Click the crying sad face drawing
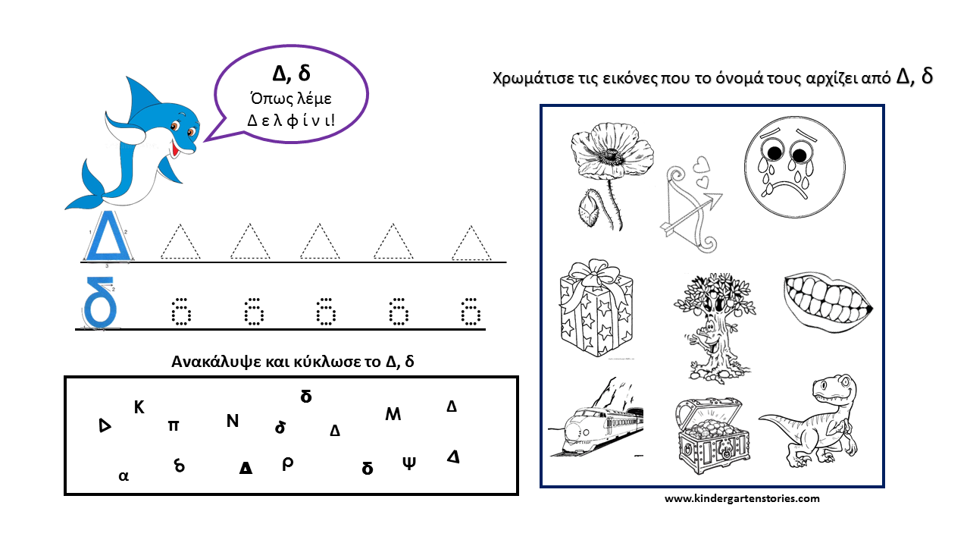[795, 167]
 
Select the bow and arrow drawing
[691, 205]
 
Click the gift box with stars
[596, 308]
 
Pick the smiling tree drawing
[714, 327]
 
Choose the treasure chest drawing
[713, 435]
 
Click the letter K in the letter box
[139, 407]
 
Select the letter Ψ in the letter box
[409, 463]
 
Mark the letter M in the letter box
[393, 414]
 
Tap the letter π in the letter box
[174, 426]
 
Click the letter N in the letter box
[233, 421]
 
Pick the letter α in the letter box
[124, 475]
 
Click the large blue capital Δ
[108, 236]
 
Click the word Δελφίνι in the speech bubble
[291, 120]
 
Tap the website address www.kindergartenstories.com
[742, 498]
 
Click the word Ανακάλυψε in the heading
[215, 362]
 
